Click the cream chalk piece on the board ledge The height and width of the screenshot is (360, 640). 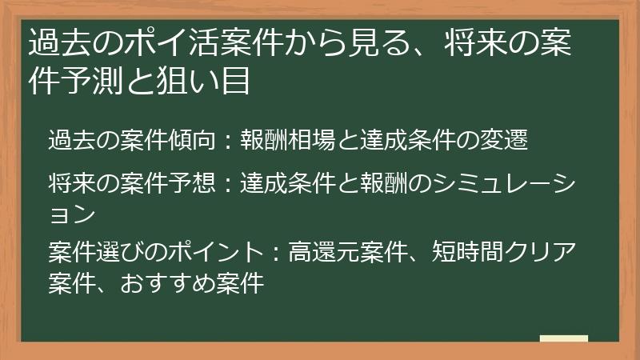pos(563,338)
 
